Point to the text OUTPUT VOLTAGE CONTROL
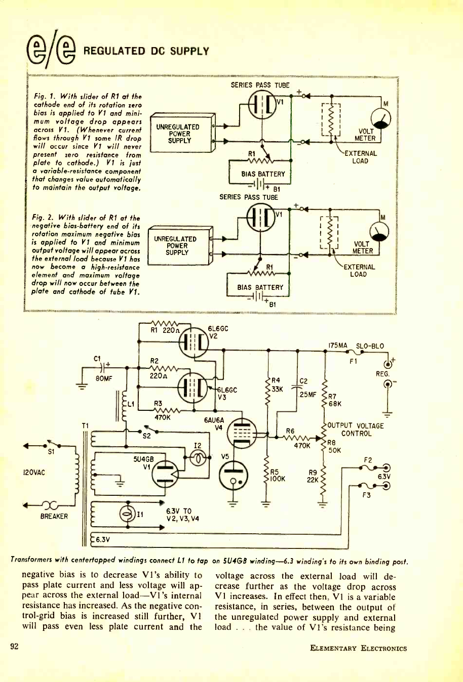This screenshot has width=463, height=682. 357,430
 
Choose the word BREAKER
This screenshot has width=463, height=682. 54,516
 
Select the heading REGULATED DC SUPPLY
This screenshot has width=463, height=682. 146,51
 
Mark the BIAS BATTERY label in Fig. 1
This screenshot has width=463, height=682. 263,174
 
